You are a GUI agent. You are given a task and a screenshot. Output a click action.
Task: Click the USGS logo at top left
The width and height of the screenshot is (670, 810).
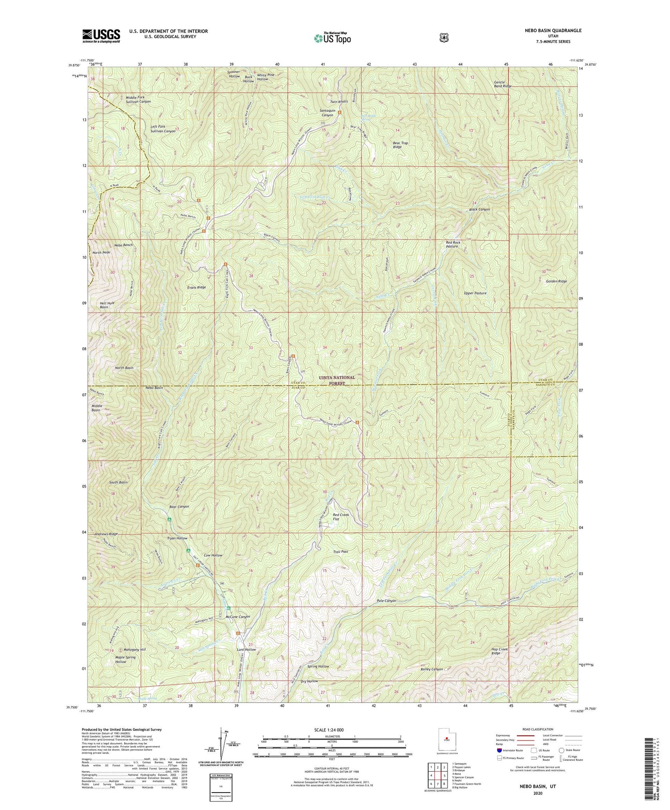[x=101, y=36]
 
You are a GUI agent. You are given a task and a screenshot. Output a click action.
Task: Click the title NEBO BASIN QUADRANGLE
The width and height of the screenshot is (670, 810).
[x=553, y=30]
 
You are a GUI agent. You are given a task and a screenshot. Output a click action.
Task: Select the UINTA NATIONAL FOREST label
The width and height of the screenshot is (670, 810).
[x=337, y=380]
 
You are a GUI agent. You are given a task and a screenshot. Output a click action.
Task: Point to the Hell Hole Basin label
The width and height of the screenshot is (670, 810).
[x=104, y=305]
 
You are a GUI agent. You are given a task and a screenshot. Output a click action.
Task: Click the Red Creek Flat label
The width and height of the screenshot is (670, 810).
[x=341, y=517]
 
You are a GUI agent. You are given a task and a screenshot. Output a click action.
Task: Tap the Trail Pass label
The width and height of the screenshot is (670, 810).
[x=340, y=552]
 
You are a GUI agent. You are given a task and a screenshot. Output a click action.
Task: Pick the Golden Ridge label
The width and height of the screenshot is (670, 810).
[x=556, y=281]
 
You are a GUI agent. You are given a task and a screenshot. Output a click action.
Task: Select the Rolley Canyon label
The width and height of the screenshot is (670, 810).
[x=431, y=669]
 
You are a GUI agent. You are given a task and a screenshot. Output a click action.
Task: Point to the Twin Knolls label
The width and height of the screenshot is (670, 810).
[x=339, y=102]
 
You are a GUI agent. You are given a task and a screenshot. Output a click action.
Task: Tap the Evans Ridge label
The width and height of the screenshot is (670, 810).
[x=197, y=287]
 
